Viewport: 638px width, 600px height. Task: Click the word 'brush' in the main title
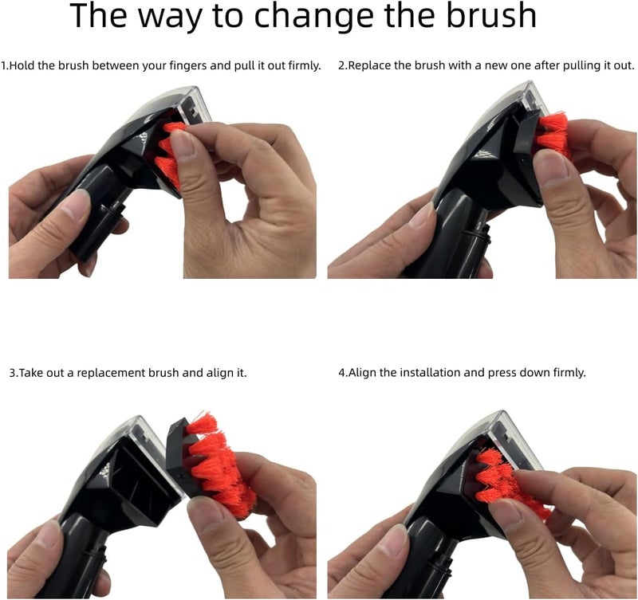pyautogui.click(x=491, y=15)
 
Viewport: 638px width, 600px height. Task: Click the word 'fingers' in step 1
pyautogui.click(x=187, y=66)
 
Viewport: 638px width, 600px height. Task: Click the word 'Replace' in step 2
pyautogui.click(x=368, y=66)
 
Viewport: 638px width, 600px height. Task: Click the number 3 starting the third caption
pyautogui.click(x=12, y=373)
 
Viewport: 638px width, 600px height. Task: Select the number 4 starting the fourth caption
pyautogui.click(x=341, y=372)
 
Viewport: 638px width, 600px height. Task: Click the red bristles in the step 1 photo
pyautogui.click(x=169, y=155)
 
